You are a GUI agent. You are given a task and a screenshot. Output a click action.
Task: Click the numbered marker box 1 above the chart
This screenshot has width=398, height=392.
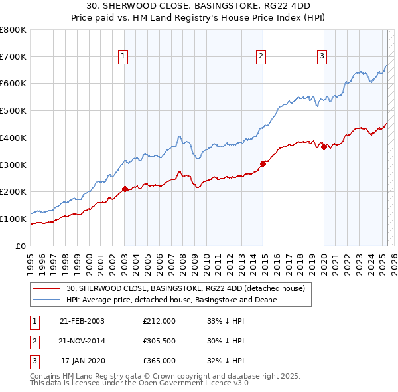pos(124,57)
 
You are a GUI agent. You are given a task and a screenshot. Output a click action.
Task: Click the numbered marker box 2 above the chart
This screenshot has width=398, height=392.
pos(261,57)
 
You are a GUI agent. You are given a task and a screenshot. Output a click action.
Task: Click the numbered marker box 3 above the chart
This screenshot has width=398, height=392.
pos(321,57)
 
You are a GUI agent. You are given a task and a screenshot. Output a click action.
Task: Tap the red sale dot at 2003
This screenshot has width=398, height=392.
pos(125,189)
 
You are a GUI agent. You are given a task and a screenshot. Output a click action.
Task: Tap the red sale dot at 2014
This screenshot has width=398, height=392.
pos(263,163)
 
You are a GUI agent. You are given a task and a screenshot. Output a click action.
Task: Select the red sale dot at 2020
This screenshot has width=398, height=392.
pos(324,147)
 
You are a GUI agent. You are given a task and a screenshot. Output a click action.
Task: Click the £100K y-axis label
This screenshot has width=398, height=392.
pos(13,219)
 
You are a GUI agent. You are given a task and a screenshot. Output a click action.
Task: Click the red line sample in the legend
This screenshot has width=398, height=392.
pos(47,289)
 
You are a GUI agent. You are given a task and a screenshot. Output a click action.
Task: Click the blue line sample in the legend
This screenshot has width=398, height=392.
pos(47,300)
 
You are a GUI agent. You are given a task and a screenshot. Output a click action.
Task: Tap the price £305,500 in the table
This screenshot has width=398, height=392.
pos(159,341)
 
